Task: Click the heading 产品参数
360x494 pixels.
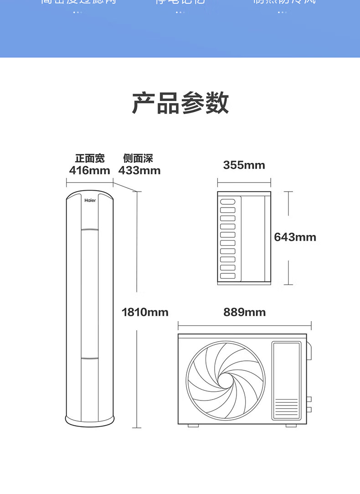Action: [180, 103]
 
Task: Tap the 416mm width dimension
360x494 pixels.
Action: [90, 171]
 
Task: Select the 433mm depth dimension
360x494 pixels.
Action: [139, 171]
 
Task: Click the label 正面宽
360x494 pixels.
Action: [90, 158]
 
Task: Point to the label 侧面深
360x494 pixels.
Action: [138, 158]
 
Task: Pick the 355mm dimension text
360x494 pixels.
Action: [244, 165]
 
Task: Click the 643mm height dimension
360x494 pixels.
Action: [295, 237]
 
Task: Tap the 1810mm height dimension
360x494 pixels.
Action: [145, 312]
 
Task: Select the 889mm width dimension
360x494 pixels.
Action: [244, 312]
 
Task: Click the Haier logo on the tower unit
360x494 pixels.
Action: [89, 200]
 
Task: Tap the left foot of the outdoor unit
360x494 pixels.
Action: [194, 426]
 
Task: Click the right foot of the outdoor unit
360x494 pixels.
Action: [291, 426]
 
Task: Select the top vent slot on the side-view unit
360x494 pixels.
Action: [227, 202]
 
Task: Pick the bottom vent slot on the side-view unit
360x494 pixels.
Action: [227, 276]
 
